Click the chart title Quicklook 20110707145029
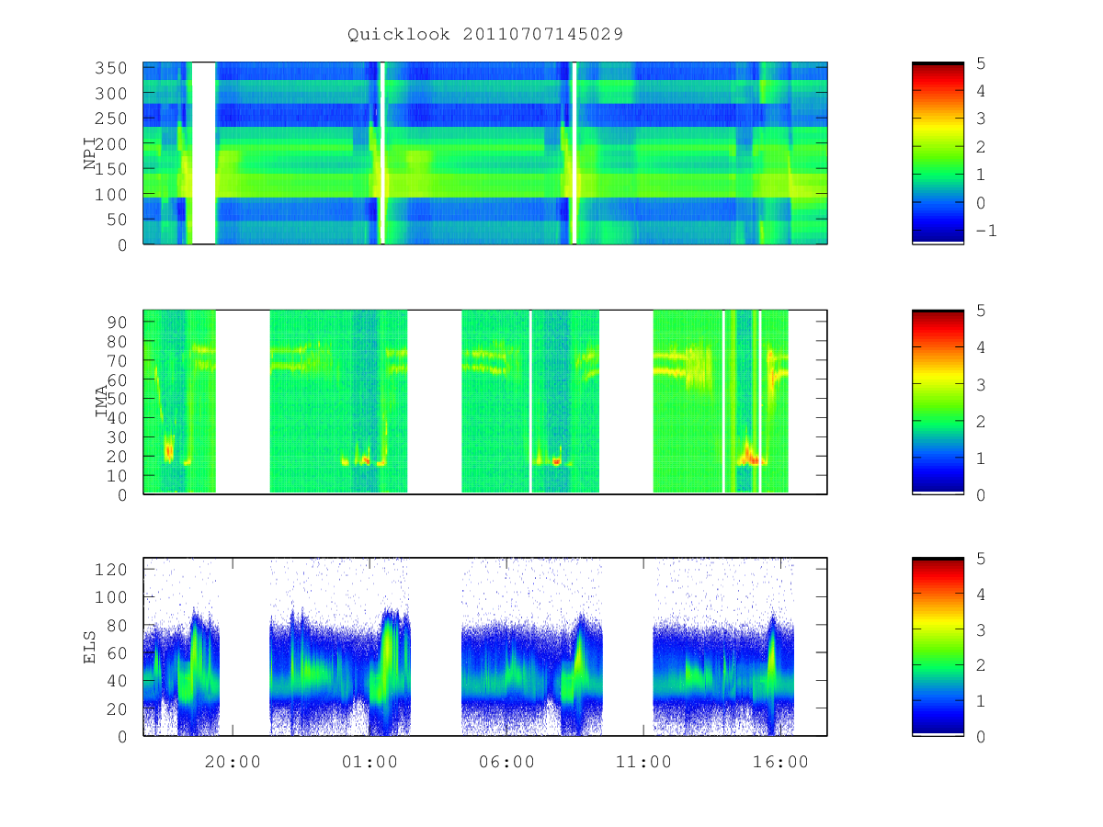[x=485, y=35]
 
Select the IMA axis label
[x=101, y=402]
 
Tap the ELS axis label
[x=90, y=648]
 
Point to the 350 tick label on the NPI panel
[x=110, y=68]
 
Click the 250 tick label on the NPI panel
[x=110, y=119]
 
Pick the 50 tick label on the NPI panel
[x=116, y=220]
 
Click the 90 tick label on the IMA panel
[x=116, y=323]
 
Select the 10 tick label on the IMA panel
[x=116, y=475]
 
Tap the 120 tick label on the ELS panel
[x=110, y=570]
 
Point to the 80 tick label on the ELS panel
[x=116, y=626]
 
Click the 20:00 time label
[x=233, y=763]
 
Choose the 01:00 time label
[x=370, y=763]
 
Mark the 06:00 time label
[x=506, y=763]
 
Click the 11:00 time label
[x=643, y=763]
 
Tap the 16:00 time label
[x=780, y=763]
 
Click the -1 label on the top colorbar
[x=986, y=231]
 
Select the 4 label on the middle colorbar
[x=981, y=347]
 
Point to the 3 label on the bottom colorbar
[x=981, y=630]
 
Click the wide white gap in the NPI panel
[x=203, y=153]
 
